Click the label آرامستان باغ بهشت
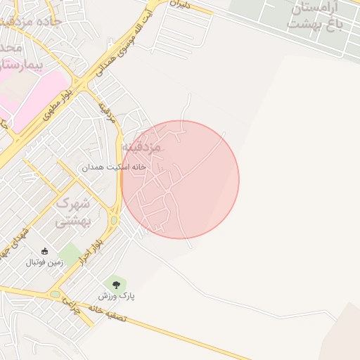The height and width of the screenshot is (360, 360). click(312, 15)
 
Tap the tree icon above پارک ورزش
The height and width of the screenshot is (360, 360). click(116, 284)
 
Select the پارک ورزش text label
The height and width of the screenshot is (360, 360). click(116, 297)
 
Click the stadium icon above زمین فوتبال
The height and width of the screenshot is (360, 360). click(45, 252)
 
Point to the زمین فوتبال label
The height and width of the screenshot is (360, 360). click(45, 263)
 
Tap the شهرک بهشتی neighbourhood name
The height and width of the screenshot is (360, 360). click(73, 212)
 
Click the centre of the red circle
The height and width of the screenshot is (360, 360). click(180, 179)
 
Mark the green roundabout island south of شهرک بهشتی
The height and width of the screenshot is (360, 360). click(55, 295)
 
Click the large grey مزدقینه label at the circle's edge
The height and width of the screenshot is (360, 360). click(143, 148)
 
